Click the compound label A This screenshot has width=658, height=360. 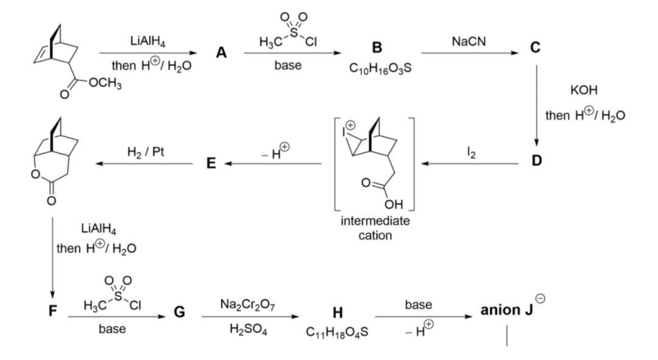click(222, 54)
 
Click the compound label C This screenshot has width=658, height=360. click(535, 47)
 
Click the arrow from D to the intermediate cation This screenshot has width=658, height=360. click(472, 163)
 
